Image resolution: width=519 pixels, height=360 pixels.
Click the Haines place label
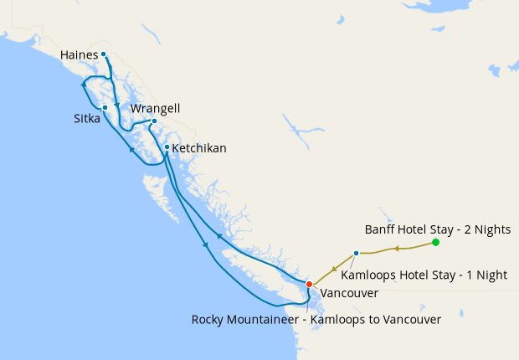coord(79,55)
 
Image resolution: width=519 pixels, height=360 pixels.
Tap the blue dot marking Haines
coord(104,54)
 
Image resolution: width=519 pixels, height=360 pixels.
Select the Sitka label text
coord(87,119)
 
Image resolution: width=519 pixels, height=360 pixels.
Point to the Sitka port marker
coord(105,108)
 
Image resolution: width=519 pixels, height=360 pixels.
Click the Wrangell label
coord(155,109)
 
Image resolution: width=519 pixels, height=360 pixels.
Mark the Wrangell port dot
coord(154,121)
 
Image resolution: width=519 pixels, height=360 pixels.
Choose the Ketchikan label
coord(198,148)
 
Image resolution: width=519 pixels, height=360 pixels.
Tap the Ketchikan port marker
coord(167,148)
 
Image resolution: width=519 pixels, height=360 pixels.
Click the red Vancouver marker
coord(309,285)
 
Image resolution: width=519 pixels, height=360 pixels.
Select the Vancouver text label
coord(349,294)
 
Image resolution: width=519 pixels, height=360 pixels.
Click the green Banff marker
coord(435,243)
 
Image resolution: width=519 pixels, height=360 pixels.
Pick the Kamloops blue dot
coord(357,253)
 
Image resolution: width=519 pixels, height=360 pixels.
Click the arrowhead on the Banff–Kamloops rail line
coord(397,248)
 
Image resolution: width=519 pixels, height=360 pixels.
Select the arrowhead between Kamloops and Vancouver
coord(334,270)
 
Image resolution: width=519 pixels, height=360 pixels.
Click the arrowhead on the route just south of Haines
coord(116,105)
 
